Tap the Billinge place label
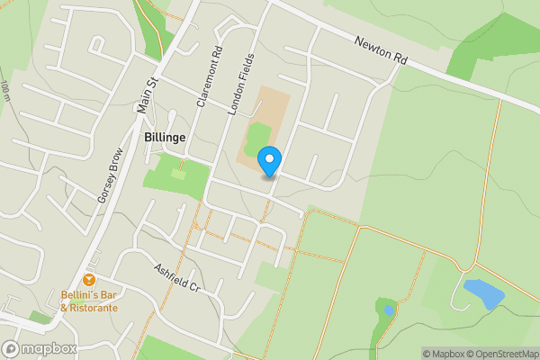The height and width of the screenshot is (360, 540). (x=165, y=137)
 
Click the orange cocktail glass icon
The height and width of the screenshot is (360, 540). (x=89, y=281)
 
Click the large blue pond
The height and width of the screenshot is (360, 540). (x=483, y=294)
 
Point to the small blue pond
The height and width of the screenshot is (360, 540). (x=389, y=310)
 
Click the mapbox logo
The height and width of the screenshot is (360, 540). (x=40, y=348)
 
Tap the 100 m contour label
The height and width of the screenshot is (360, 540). (x=6, y=90)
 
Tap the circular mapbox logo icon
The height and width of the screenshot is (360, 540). (x=12, y=348)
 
